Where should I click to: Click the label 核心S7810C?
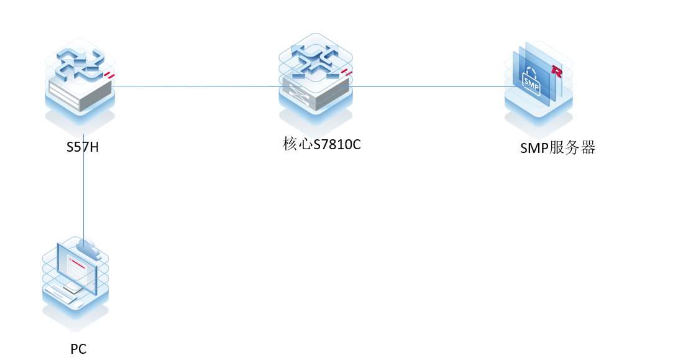pos(322,145)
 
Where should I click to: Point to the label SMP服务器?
pos(557,148)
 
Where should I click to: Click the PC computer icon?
pos(75,277)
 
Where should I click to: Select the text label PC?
pos(78,349)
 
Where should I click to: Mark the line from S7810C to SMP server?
pos(429,86)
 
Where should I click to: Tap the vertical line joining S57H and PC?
pos(83,187)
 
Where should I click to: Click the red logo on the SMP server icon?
pos(556,72)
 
